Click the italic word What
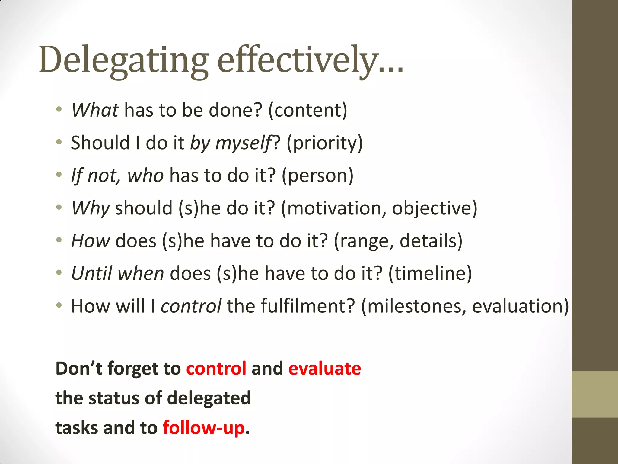(95, 110)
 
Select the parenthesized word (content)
(307, 110)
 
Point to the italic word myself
(243, 143)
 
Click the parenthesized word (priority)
(324, 143)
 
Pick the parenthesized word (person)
(317, 176)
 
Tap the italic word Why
(90, 208)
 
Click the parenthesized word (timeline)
(430, 273)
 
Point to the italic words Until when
(118, 273)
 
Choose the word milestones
(414, 306)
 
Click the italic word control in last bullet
(191, 306)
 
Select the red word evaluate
(324, 369)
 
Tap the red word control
(216, 369)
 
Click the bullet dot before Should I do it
(59, 142)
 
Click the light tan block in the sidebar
(594, 394)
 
